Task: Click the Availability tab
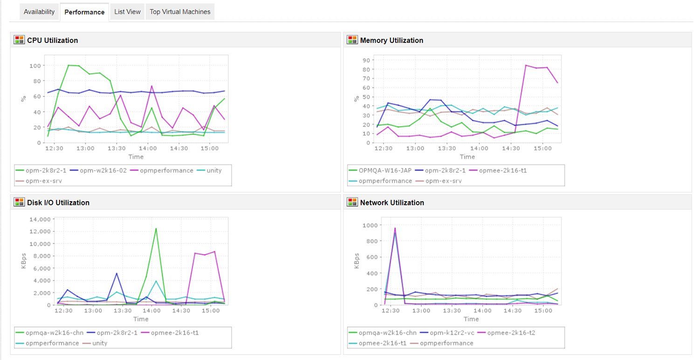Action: (39, 12)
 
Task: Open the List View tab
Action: (127, 12)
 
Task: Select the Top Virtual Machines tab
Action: (180, 12)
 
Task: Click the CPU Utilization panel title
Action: (52, 41)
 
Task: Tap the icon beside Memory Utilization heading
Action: (352, 40)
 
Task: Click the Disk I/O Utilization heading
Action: (58, 203)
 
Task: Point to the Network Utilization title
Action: (392, 203)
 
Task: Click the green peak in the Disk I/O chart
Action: (156, 228)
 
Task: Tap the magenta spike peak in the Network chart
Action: (395, 228)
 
